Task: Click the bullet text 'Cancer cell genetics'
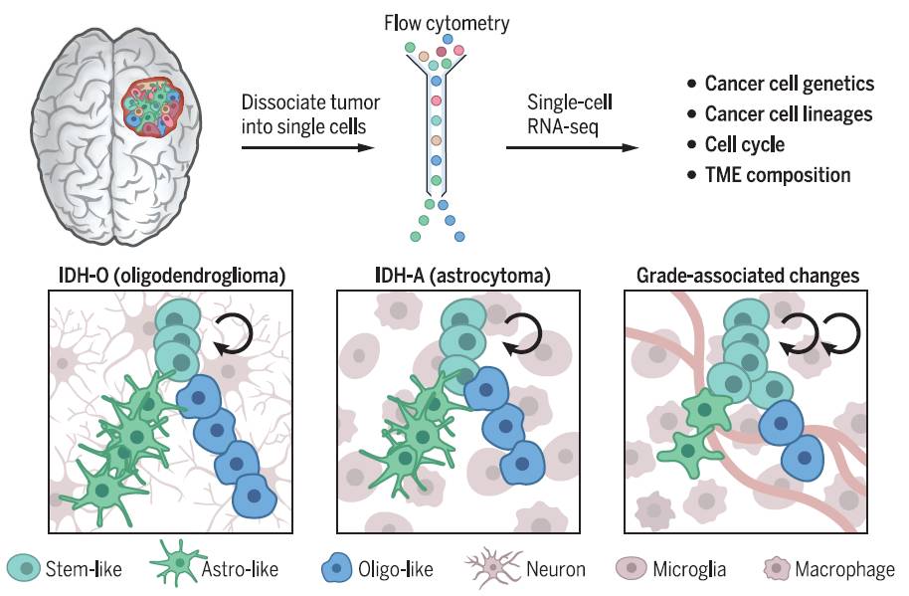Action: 789,84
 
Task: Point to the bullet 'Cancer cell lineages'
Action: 788,113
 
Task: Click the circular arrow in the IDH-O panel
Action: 235,335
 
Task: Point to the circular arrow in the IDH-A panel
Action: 521,335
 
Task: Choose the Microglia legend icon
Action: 633,569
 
